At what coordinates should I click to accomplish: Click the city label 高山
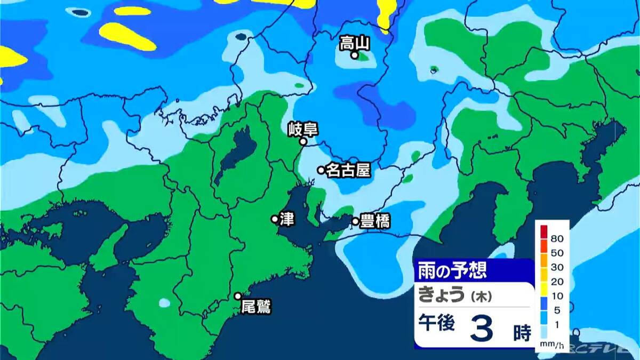[x=354, y=43]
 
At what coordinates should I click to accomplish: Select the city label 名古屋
[x=348, y=170]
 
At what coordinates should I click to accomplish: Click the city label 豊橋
[x=375, y=222]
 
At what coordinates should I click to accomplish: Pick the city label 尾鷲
[x=256, y=307]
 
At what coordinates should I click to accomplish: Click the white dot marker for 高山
[x=354, y=55]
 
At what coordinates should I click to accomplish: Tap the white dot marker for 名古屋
[x=321, y=170]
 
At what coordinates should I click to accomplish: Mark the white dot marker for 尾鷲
[x=238, y=296]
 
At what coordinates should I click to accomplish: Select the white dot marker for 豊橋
[x=356, y=221]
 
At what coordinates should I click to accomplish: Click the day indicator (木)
[x=479, y=295]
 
